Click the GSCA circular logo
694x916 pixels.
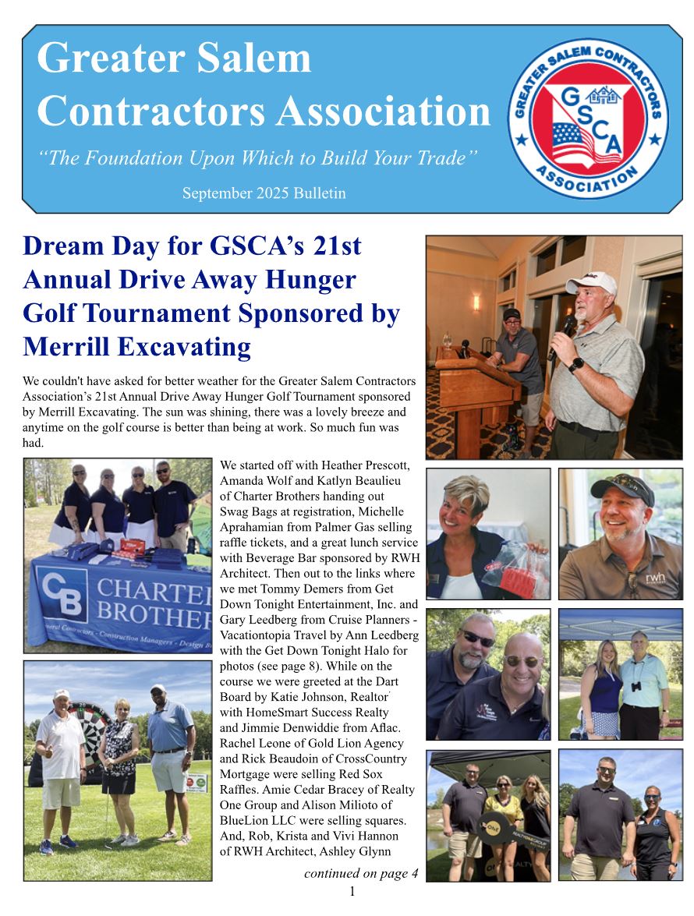pyautogui.click(x=588, y=118)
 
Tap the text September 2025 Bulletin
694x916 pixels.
pyautogui.click(x=264, y=193)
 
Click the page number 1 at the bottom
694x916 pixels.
pyautogui.click(x=352, y=892)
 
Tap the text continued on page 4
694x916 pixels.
pyautogui.click(x=360, y=873)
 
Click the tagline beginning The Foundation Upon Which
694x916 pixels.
pyautogui.click(x=258, y=157)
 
